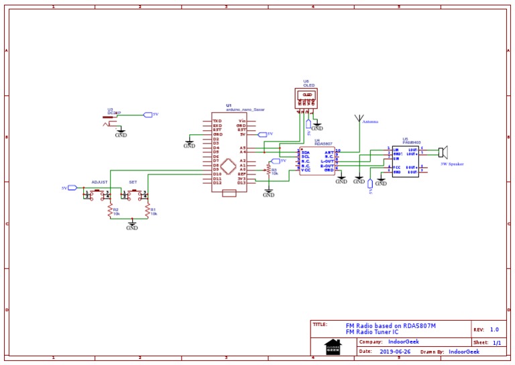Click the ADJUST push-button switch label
(99, 182)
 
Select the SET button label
(133, 182)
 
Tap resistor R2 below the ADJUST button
(111, 212)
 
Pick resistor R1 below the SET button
(148, 212)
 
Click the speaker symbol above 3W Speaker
(443, 152)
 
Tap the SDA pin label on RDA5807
(305, 153)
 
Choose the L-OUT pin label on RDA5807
(327, 161)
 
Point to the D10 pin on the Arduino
(217, 174)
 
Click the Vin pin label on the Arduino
(242, 121)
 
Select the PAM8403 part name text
(412, 143)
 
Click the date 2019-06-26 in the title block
(395, 351)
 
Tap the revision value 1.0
(494, 329)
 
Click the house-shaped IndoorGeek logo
(333, 346)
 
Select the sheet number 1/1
(497, 342)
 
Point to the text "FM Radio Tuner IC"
(372, 332)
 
